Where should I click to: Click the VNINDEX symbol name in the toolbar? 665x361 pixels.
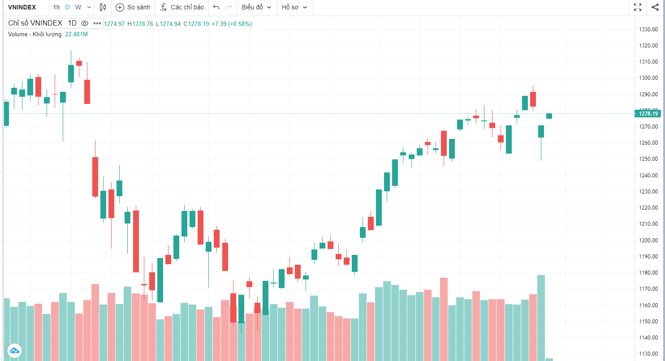[22, 7]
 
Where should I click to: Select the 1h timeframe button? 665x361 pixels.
[56, 7]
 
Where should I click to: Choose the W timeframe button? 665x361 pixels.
[78, 7]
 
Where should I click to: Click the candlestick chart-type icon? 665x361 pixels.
[103, 7]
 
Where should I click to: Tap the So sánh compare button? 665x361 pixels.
[133, 7]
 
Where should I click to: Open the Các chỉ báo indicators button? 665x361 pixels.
[182, 7]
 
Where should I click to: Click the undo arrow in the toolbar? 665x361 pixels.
[216, 7]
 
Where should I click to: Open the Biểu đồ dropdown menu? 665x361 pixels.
[256, 7]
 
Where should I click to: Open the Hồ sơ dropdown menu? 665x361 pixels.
[294, 7]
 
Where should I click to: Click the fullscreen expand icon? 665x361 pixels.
[638, 7]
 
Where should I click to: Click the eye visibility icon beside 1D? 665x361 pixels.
[85, 23]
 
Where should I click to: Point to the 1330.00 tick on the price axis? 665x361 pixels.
[648, 30]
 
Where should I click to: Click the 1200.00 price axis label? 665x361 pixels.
[648, 241]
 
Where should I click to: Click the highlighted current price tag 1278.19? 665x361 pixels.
[648, 114]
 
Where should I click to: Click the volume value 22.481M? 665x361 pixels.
[76, 34]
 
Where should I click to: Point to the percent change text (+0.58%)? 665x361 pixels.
[240, 24]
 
